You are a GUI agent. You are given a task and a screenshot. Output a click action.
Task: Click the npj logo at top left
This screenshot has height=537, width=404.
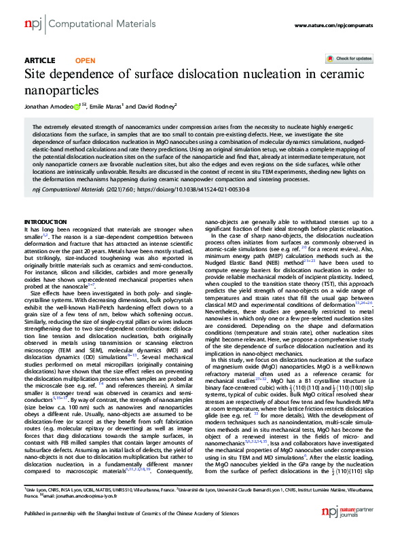click(32, 24)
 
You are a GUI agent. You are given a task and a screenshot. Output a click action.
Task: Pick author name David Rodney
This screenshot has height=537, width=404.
click(158, 106)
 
